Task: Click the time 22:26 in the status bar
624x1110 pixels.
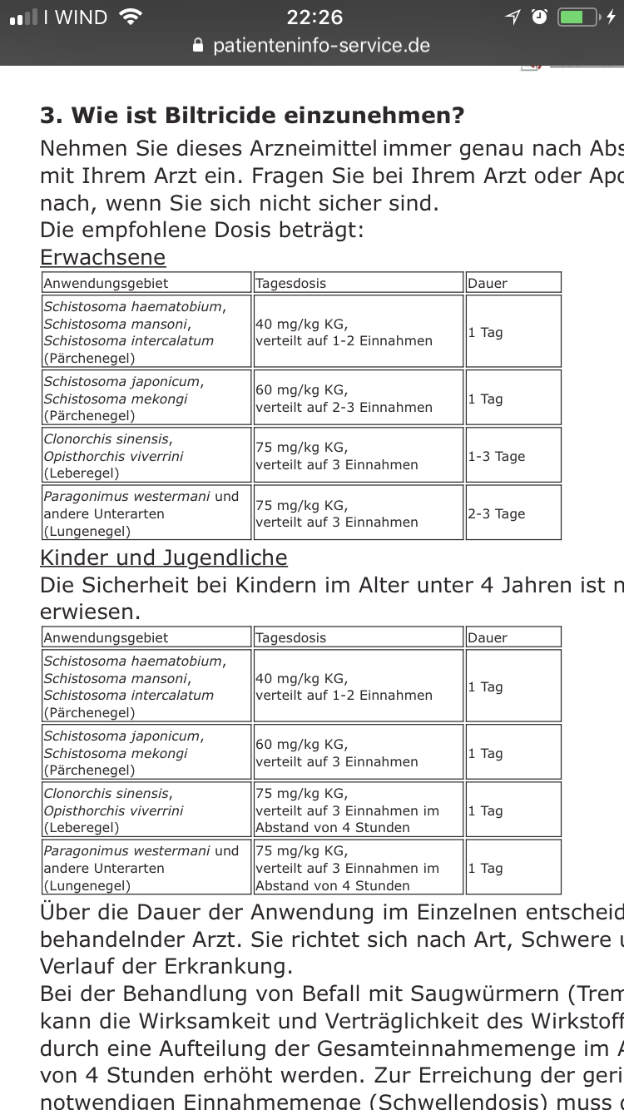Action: pos(314,17)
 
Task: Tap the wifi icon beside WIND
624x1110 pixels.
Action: pos(131,17)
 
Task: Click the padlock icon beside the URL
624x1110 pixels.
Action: pos(198,45)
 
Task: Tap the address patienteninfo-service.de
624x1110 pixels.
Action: pos(321,45)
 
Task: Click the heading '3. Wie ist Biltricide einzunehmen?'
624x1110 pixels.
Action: pos(252,115)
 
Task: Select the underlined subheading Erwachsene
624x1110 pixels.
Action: pos(103,257)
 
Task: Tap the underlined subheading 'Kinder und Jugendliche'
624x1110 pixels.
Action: pos(164,557)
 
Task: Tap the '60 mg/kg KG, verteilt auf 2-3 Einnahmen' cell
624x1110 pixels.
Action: pos(358,399)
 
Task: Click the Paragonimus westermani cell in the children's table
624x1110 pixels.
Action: pos(146,868)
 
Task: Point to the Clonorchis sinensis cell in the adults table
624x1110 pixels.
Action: pos(146,456)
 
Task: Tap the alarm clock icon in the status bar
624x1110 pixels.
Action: pos(539,17)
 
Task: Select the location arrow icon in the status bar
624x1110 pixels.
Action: pos(513,17)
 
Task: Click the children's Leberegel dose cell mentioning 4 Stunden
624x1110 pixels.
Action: pos(358,810)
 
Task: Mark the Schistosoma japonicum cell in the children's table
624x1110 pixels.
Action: pos(146,753)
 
